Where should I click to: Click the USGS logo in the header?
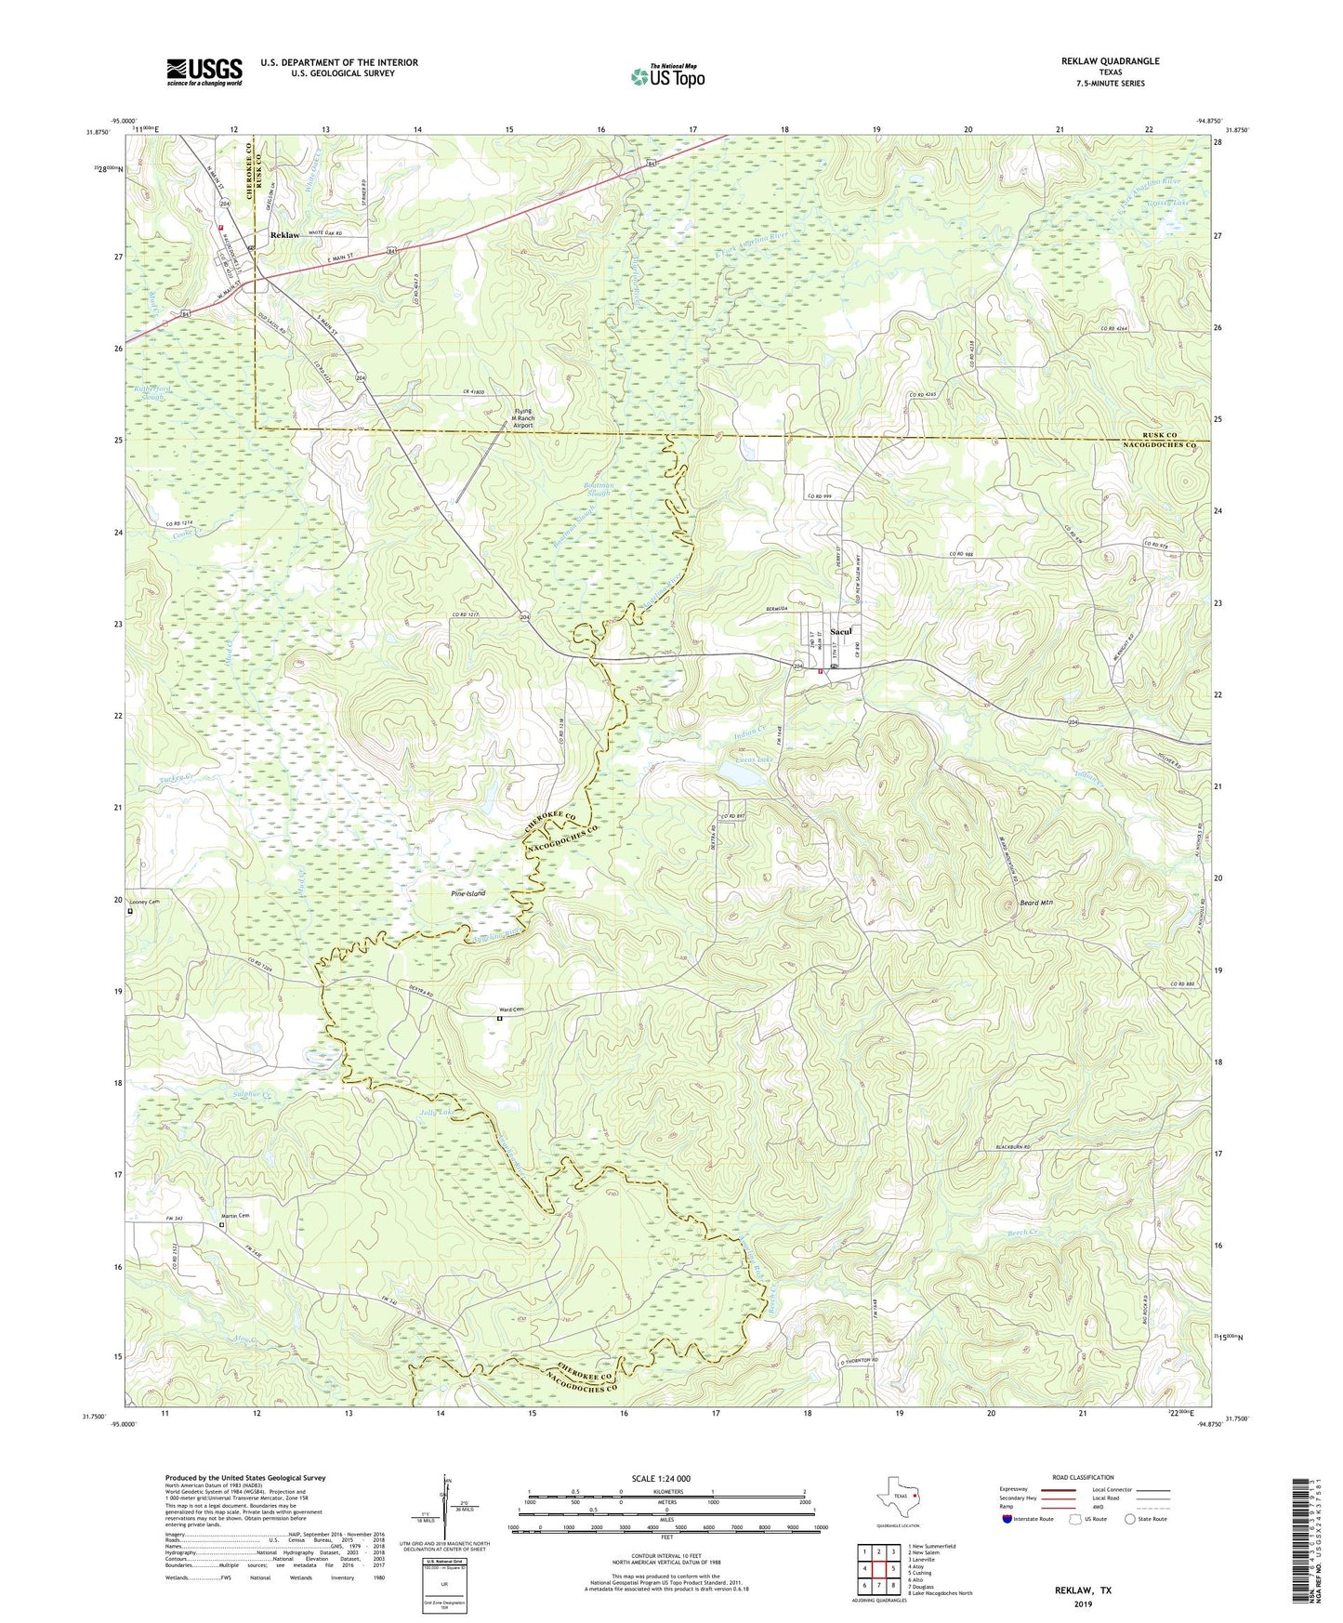(x=204, y=72)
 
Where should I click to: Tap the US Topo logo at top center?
(x=667, y=76)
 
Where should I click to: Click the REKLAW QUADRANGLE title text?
(x=1110, y=61)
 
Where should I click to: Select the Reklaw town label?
(x=284, y=235)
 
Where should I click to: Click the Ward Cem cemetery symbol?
(x=499, y=1019)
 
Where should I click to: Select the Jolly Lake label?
(x=442, y=1113)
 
